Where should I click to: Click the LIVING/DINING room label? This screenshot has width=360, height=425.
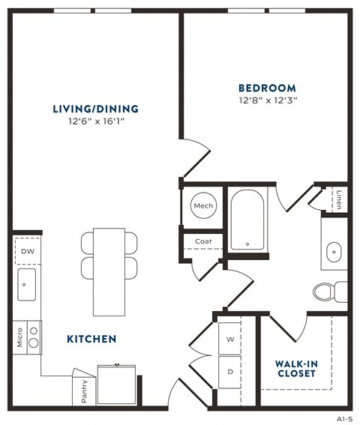coord(95,109)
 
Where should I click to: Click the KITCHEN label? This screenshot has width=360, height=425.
coord(91,339)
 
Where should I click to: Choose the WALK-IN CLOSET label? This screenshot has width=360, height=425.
coord(295,368)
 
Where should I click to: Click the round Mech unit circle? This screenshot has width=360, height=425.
coord(203,205)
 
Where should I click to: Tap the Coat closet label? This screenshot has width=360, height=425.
coord(203,241)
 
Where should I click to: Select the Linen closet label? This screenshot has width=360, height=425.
coord(340,200)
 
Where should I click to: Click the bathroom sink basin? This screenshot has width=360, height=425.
coord(334,250)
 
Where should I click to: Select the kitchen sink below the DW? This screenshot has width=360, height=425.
coord(27,283)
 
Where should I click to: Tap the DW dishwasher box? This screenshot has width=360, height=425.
coord(27,251)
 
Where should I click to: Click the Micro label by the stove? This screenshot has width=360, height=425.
coord(17,338)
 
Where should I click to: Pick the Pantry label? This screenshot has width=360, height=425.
coord(84,392)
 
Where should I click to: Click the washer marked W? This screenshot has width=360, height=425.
coord(229,339)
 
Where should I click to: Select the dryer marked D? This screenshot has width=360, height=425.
coord(229,371)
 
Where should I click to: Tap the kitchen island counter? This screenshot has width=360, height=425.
coord(109,271)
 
